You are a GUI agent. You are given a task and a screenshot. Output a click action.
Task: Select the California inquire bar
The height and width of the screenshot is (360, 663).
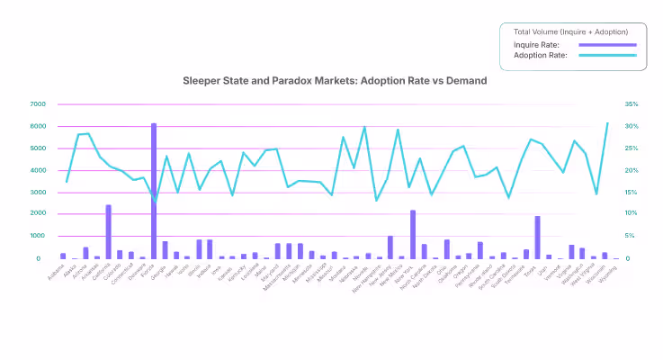click(109, 231)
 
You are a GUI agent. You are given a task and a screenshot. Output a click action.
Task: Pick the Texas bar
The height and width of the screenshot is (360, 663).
click(537, 237)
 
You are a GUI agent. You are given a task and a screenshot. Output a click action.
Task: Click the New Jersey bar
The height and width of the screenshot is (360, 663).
click(390, 247)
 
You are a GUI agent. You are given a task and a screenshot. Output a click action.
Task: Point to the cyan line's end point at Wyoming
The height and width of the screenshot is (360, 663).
click(607, 123)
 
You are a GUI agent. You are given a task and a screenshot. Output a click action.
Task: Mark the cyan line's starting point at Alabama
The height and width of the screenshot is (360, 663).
click(67, 182)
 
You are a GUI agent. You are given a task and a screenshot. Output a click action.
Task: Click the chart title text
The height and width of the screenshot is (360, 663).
click(335, 80)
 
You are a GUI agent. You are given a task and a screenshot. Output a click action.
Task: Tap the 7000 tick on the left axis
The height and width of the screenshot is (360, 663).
click(37, 104)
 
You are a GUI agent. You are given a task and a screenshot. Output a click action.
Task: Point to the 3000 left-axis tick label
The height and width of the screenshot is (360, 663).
click(37, 193)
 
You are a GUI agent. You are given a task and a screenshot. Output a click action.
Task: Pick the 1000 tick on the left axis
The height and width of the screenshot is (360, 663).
click(37, 237)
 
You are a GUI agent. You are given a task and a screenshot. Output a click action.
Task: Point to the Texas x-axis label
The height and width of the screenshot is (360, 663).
click(532, 269)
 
